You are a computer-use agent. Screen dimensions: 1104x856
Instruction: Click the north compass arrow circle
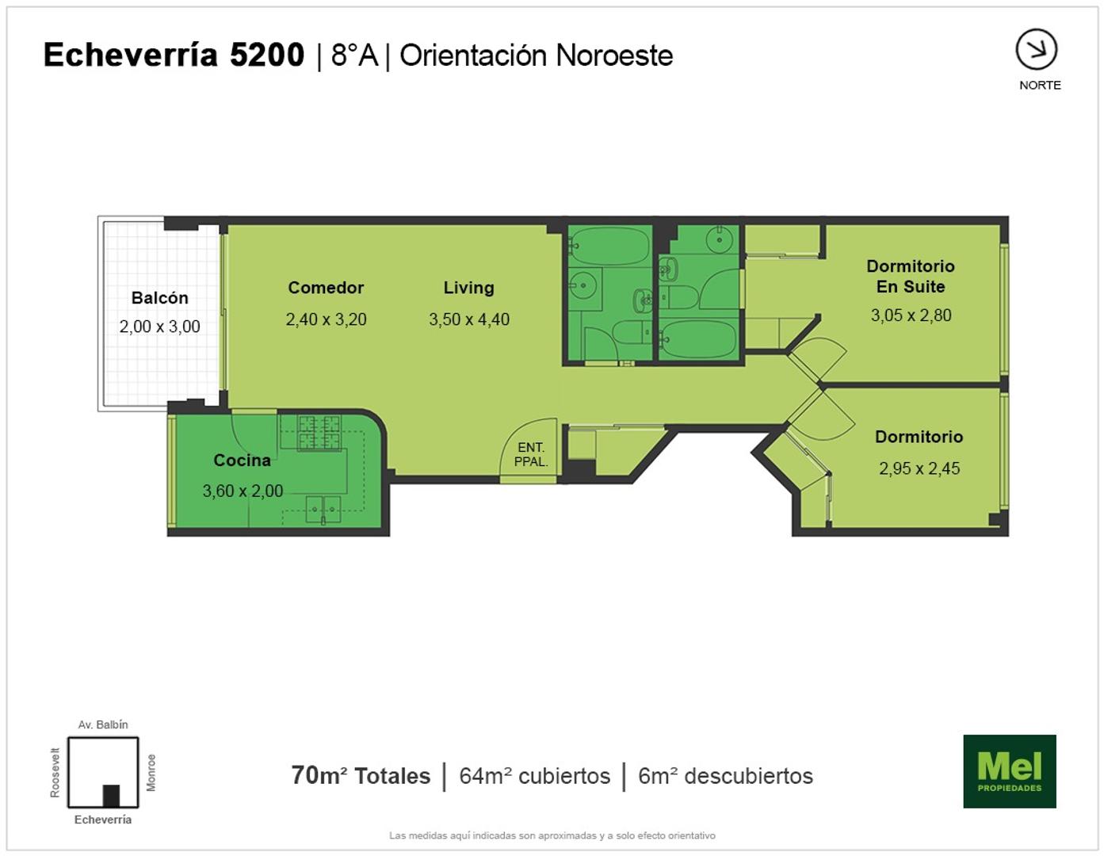pyautogui.click(x=1036, y=49)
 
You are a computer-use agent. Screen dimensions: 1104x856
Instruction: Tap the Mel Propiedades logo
pyautogui.click(x=1010, y=771)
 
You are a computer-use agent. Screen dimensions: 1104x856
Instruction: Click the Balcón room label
pyautogui.click(x=159, y=298)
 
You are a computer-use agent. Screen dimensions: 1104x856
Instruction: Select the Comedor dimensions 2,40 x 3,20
pyautogui.click(x=327, y=319)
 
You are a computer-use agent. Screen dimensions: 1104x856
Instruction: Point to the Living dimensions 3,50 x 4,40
pyautogui.click(x=469, y=319)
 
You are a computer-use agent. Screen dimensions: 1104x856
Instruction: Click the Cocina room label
pyautogui.click(x=242, y=460)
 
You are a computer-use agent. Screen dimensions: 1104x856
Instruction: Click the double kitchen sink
pyautogui.click(x=323, y=509)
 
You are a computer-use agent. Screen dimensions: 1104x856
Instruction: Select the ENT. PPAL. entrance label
pyautogui.click(x=531, y=454)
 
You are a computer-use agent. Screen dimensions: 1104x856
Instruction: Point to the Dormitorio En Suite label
pyautogui.click(x=911, y=276)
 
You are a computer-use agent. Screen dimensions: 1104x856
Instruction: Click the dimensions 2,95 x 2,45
pyautogui.click(x=919, y=468)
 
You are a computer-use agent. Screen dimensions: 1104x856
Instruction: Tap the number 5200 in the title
pyautogui.click(x=267, y=55)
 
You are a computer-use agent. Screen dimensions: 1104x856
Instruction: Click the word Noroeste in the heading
pyautogui.click(x=614, y=55)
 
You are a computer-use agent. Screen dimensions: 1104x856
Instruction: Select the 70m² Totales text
pyautogui.click(x=361, y=776)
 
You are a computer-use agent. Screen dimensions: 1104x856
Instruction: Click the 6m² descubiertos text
pyautogui.click(x=725, y=776)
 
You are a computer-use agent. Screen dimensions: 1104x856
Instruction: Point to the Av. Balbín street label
pyautogui.click(x=102, y=724)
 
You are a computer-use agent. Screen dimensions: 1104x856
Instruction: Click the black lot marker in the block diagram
pyautogui.click(x=111, y=796)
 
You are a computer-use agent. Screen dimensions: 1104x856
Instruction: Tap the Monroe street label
pyautogui.click(x=151, y=772)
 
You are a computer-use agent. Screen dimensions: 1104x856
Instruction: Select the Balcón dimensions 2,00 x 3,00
pyautogui.click(x=159, y=326)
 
